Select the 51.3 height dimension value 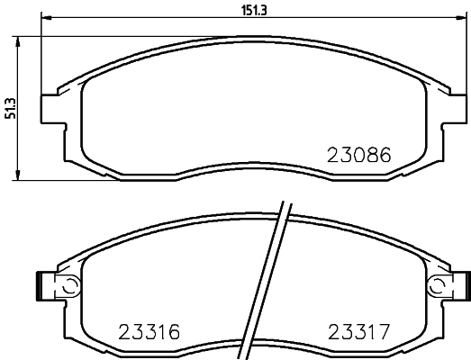click(x=10, y=107)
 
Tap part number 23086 click(x=358, y=155)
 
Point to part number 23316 click(x=149, y=331)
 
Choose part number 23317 click(x=357, y=331)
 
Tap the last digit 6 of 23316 click(x=176, y=331)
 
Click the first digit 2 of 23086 click(x=331, y=155)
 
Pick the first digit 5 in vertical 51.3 click(x=10, y=117)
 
